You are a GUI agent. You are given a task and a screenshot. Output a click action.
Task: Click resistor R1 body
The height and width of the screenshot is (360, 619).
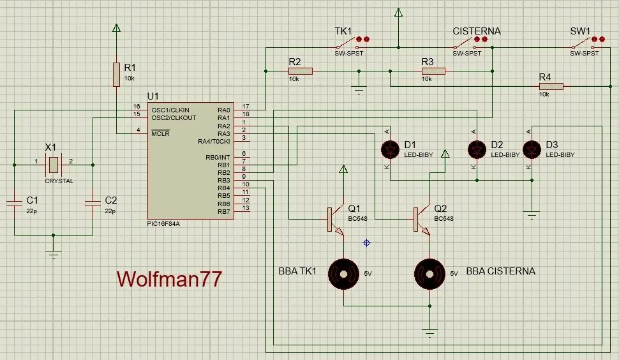click(116, 74)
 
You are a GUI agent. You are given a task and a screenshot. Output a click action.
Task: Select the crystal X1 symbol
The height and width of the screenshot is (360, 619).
click(54, 165)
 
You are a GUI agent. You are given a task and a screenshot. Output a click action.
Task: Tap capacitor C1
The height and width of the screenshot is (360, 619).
click(14, 203)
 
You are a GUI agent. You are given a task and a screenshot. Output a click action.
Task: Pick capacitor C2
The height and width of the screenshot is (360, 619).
click(93, 203)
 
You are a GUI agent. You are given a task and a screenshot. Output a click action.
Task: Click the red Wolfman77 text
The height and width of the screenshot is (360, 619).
click(169, 279)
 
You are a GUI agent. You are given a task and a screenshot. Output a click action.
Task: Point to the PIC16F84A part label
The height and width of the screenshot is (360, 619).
click(163, 224)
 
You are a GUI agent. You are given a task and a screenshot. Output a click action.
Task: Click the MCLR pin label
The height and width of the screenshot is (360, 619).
click(160, 133)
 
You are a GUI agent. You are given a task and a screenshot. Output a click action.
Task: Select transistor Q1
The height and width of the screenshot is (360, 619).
click(335, 220)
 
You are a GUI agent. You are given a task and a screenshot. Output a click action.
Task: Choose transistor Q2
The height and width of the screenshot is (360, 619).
click(421, 220)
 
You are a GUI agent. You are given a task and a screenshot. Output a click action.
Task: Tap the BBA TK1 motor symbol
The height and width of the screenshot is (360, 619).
click(343, 274)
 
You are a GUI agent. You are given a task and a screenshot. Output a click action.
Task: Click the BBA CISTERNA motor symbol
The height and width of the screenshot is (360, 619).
click(429, 274)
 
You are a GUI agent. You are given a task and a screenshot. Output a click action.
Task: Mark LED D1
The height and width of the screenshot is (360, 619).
click(390, 149)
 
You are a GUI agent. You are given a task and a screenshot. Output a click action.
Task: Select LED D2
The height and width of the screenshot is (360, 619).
click(477, 149)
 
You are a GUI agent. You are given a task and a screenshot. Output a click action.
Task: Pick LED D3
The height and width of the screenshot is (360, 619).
click(532, 149)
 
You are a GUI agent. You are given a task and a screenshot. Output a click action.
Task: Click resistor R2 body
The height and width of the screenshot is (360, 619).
click(301, 71)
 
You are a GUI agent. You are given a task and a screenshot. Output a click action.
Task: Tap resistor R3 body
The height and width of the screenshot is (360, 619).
click(433, 71)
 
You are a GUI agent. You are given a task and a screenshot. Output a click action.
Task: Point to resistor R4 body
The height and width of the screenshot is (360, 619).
click(551, 86)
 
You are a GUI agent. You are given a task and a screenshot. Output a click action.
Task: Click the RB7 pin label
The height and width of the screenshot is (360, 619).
click(223, 211)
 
